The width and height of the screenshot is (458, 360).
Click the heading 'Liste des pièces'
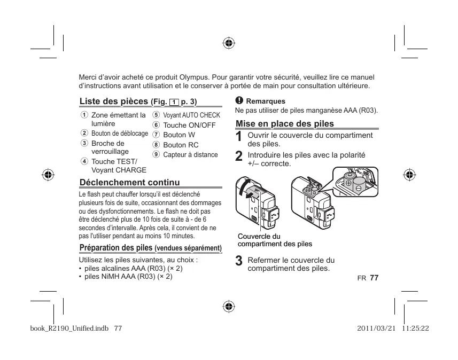114,101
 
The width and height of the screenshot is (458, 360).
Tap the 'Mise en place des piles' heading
285,123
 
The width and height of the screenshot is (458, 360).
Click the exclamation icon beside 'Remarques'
239,100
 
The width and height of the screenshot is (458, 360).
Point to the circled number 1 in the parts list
84,115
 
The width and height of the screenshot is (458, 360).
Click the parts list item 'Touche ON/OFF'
189,125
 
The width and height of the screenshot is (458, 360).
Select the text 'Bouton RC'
181,145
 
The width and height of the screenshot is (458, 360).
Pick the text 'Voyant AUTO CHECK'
191,115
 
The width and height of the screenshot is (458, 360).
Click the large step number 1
239,137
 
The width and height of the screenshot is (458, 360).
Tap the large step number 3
239,262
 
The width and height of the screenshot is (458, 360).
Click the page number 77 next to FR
374,278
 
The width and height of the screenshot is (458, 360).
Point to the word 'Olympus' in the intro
193,77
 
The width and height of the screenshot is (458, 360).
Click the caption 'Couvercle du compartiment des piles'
275,240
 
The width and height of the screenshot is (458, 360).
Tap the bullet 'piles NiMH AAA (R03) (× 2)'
126,277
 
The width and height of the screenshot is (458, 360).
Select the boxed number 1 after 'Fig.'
173,101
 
